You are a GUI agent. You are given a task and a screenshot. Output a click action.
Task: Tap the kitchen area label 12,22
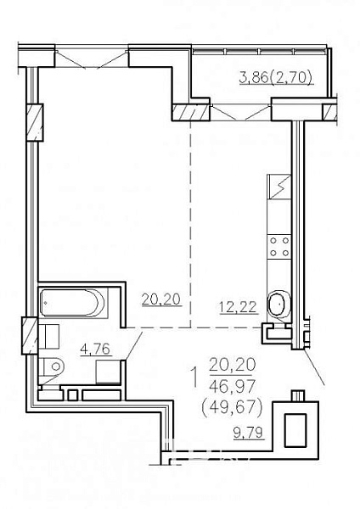239,307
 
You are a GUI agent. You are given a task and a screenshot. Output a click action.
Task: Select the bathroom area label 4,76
96,350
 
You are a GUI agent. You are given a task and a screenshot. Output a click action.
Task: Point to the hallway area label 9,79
249,432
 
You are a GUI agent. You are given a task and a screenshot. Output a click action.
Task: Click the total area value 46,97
233,386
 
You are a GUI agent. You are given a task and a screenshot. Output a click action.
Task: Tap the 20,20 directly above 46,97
233,365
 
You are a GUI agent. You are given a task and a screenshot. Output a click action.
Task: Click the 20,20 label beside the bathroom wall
160,299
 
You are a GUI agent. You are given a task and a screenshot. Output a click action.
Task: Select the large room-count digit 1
194,377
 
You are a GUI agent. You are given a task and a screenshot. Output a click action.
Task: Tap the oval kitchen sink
278,305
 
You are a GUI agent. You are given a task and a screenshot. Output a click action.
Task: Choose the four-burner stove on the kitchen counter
279,246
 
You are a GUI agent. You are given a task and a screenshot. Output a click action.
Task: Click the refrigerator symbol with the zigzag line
278,187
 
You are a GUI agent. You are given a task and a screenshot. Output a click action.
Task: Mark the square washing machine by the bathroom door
109,372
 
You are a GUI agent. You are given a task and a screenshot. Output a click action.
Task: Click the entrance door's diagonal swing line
314,367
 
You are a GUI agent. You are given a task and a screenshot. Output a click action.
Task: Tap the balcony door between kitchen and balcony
241,112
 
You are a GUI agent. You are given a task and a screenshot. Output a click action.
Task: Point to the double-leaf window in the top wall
91,59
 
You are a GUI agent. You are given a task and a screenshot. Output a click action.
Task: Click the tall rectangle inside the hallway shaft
295,430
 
